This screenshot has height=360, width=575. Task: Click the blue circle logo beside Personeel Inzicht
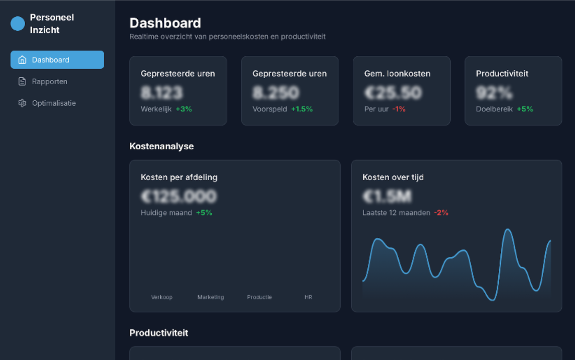tap(18, 24)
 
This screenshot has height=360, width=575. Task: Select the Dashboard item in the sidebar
tap(57, 60)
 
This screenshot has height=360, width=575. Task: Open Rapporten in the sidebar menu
tap(49, 81)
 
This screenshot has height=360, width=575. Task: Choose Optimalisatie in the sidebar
tap(54, 103)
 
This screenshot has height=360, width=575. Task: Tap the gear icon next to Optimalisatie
tap(22, 103)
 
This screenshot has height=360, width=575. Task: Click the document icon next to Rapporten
tap(22, 81)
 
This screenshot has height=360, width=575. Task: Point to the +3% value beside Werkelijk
tap(184, 109)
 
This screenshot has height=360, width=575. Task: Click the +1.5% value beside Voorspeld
tap(302, 109)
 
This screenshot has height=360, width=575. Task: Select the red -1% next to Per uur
tap(398, 109)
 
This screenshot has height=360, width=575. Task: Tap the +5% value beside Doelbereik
tap(525, 109)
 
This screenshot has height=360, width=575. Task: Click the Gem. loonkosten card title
tap(397, 74)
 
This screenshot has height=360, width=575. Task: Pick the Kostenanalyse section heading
tap(161, 146)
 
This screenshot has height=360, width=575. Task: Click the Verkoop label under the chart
tap(162, 297)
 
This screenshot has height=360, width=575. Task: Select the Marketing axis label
tap(210, 297)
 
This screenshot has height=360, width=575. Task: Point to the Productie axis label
tap(259, 297)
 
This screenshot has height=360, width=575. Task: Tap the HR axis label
tap(308, 297)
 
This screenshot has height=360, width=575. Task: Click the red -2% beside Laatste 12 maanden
tap(441, 213)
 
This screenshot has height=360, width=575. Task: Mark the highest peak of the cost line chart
tap(508, 230)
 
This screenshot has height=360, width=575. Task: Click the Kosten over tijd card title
tap(393, 177)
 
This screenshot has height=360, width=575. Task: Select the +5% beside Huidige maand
tap(204, 213)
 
